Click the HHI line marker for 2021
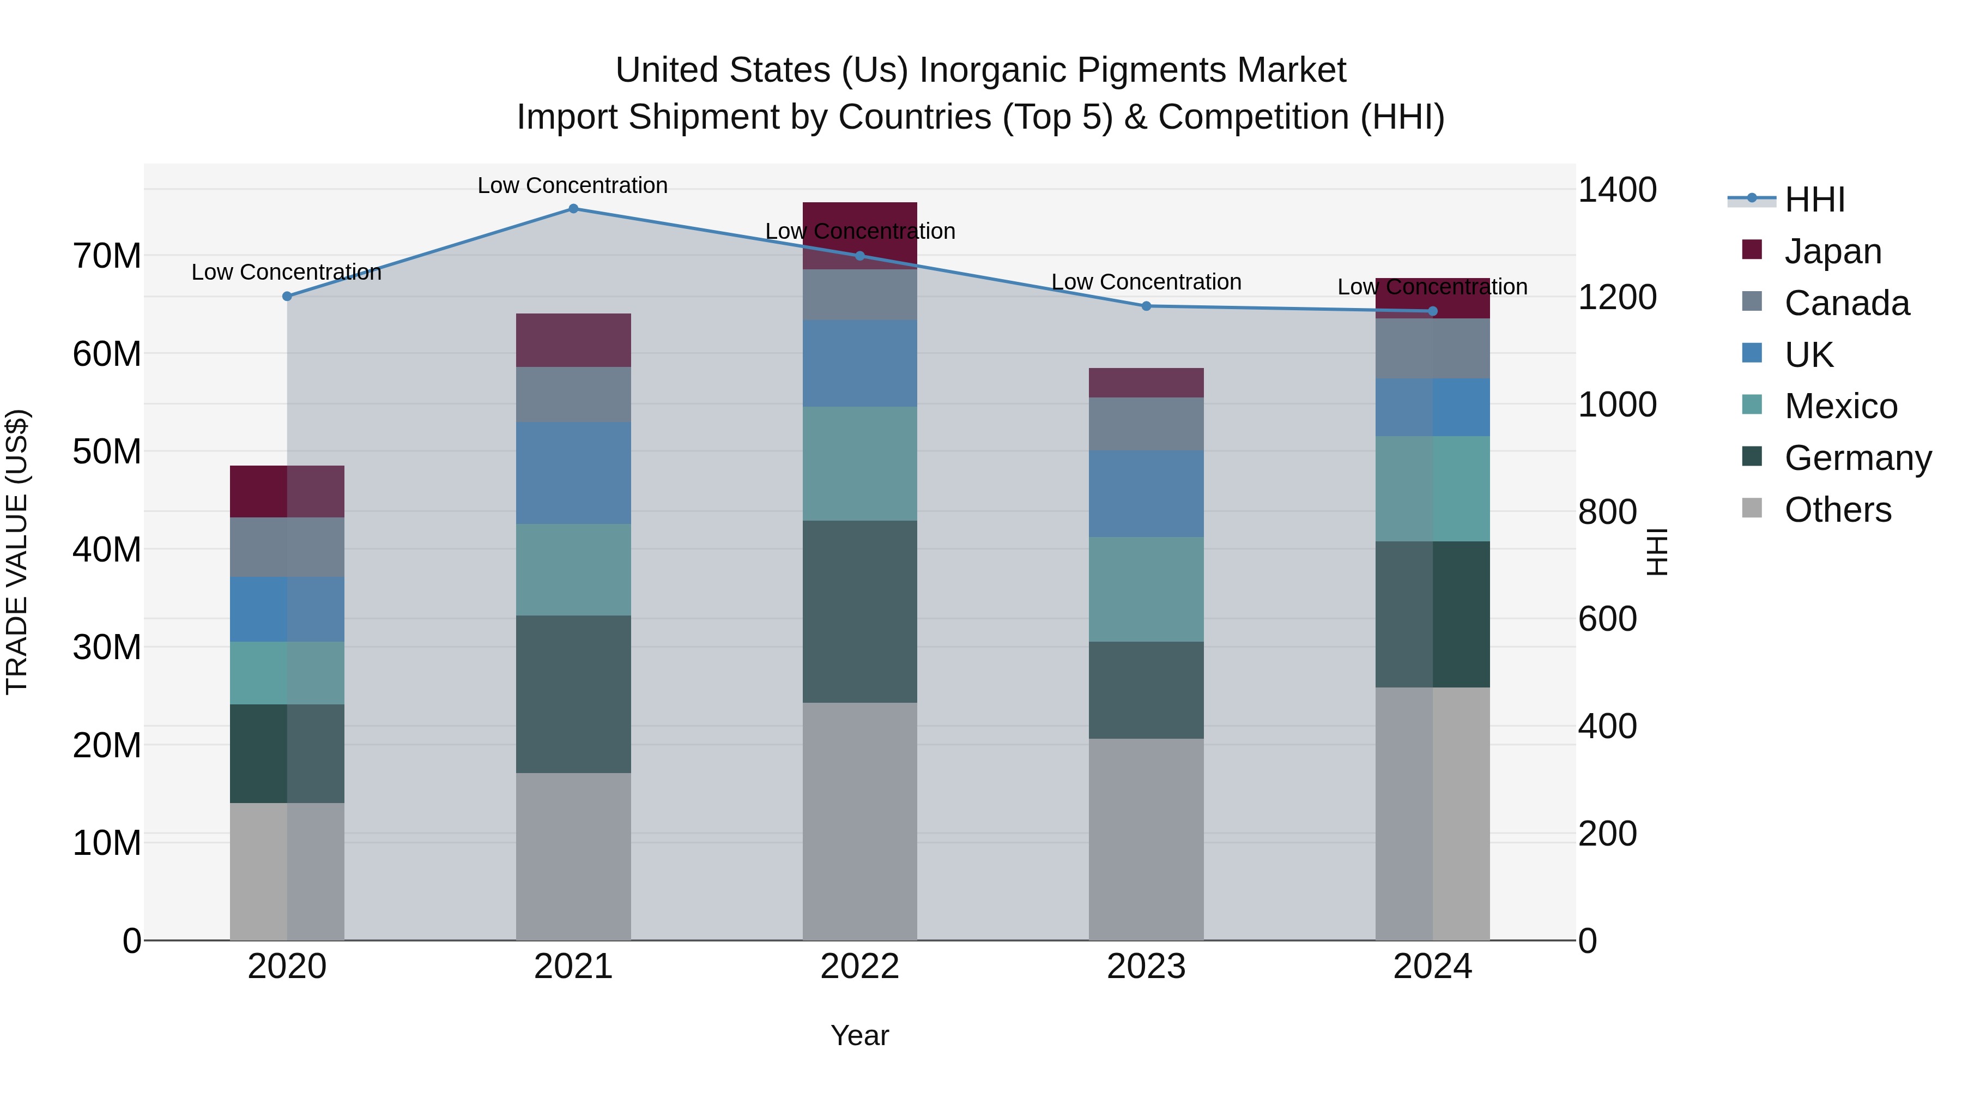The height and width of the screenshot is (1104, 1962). coord(573,209)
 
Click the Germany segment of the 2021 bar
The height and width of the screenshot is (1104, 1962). coord(573,694)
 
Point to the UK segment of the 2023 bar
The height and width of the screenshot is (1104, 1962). coord(1146,494)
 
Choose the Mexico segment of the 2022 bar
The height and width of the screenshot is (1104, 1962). coord(860,463)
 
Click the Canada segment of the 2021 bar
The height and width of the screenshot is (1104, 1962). coord(573,395)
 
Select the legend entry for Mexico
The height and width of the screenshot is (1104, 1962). coord(1840,406)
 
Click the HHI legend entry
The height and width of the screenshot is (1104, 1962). coord(1814,200)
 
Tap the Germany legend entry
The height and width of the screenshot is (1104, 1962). coord(1857,458)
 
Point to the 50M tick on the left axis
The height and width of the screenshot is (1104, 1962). coord(107,452)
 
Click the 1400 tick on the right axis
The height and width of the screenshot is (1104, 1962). coord(1616,190)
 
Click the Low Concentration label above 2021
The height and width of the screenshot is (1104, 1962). coord(573,185)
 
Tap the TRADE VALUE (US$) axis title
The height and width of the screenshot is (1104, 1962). coord(17,552)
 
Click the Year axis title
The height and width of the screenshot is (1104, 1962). coord(860,1035)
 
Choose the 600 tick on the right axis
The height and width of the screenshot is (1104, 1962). coord(1607,619)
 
